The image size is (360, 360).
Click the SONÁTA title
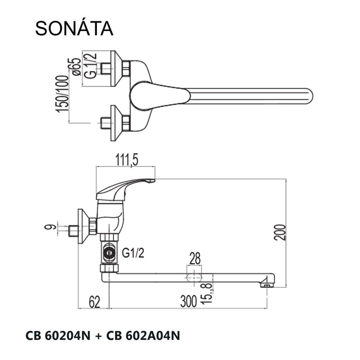coord(74,28)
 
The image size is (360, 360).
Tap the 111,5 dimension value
coord(125,160)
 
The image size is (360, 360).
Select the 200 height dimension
coord(280,232)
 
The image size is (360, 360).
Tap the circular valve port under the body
coord(109,252)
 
